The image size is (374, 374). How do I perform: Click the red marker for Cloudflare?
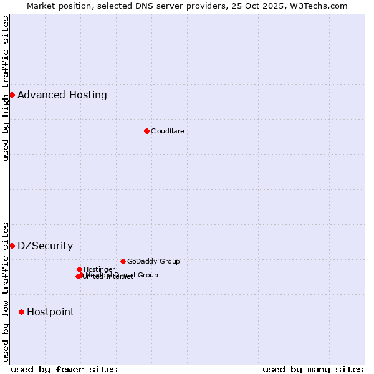pos(146,131)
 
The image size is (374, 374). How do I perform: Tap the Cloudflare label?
pos(167,131)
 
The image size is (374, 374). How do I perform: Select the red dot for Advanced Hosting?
pos(12,95)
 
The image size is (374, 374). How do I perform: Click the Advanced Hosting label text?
pos(62,95)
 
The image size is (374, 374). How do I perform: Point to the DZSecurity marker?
pos(12,246)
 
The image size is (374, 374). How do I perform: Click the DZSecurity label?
pos(45,246)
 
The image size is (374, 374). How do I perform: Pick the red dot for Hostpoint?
pos(22,312)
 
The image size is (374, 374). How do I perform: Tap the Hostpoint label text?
pos(50,312)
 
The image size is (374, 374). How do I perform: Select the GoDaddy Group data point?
pos(123,261)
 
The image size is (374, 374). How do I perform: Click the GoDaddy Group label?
pos(153,262)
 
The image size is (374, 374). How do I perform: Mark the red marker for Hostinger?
pos(79,269)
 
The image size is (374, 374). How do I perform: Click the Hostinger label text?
pos(99,270)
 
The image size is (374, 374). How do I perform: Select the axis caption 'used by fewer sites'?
pos(64,369)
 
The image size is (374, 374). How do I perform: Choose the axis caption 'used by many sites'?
pos(313,369)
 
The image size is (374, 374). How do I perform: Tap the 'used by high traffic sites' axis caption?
pos(6,89)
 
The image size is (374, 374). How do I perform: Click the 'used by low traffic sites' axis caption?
pos(6,291)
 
